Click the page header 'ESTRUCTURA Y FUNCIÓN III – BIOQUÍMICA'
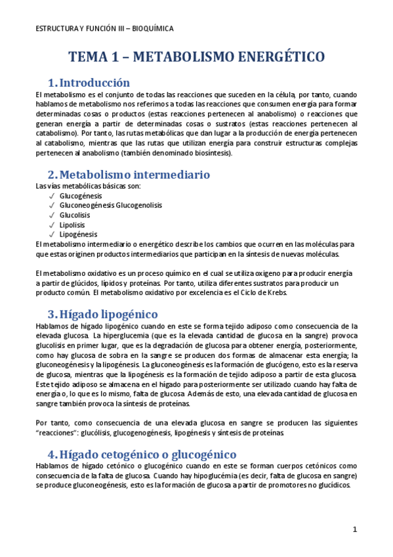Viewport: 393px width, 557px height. (104, 29)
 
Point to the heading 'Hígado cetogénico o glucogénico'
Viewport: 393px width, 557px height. (148, 455)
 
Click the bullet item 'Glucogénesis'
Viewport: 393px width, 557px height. (81, 196)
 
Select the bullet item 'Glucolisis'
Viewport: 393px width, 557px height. (75, 215)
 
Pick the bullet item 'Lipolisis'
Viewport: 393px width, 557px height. (72, 224)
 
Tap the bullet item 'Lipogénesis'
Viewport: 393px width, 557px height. (79, 234)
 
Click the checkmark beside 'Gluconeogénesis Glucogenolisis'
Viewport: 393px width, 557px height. (51, 206)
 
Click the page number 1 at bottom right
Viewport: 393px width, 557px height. (355, 529)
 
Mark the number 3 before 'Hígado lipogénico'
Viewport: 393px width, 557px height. (52, 314)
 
